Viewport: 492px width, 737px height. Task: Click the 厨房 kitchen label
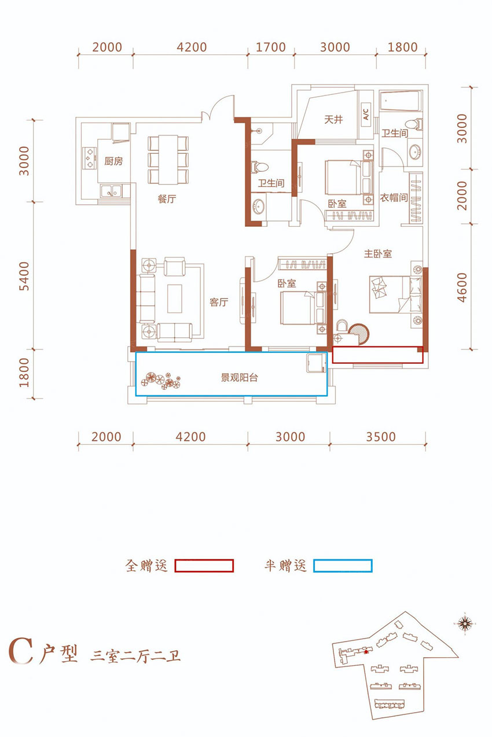pos(113,161)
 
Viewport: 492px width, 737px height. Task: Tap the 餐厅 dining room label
pos(167,199)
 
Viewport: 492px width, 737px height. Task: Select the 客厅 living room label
pos(219,302)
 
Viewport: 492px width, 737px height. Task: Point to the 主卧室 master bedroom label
pos(378,254)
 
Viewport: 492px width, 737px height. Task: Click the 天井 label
pos(333,119)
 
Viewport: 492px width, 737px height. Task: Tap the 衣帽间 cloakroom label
pos(394,198)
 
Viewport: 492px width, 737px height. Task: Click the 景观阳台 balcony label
pos(239,377)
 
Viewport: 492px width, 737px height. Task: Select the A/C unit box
pos(366,115)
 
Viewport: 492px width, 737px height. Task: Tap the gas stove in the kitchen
pos(89,159)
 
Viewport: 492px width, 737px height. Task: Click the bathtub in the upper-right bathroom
pos(401,102)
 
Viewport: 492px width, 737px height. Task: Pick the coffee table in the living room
pos(174,299)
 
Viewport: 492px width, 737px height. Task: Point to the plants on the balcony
pos(161,381)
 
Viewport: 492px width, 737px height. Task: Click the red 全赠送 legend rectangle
pos(204,566)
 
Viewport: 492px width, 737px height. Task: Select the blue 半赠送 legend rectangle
pos(343,566)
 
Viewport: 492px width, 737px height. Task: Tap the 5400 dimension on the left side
pos(24,276)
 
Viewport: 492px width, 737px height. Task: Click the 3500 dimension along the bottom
pos(381,437)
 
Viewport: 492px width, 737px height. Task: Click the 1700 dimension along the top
pos(271,47)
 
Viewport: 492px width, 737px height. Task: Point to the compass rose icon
pos(465,623)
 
